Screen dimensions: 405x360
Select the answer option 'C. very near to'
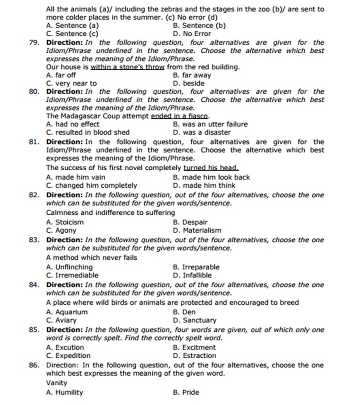71,83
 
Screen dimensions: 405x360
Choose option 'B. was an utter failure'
210,124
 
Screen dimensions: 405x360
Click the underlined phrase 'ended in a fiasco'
180,116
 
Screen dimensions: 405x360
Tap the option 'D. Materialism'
197,230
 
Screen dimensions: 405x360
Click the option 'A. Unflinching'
69,267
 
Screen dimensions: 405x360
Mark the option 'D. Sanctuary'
194,320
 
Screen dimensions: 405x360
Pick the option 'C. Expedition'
68,356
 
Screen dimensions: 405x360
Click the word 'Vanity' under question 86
57,383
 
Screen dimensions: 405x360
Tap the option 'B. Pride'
186,392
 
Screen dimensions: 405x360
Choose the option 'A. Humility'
65,392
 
